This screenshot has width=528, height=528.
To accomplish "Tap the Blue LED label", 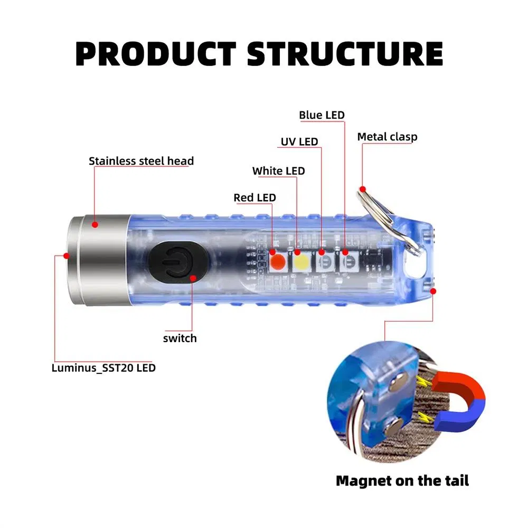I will [322, 115].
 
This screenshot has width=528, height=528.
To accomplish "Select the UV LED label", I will [299, 142].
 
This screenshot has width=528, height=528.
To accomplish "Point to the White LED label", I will [278, 171].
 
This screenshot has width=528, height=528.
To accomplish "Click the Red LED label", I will [254, 198].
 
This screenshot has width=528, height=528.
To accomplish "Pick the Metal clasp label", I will [387, 137].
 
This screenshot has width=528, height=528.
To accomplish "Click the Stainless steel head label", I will [141, 161].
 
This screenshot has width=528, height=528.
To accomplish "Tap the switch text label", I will [180, 338].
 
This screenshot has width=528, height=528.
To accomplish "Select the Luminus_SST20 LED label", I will [103, 367].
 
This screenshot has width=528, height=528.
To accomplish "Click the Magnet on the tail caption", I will [402, 480].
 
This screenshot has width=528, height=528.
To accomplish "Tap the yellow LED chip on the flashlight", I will [301, 261].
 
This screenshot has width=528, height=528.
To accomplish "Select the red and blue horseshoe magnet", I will [455, 402].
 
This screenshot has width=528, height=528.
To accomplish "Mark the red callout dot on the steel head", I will [95, 224].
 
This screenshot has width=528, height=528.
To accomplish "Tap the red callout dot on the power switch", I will [193, 278].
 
